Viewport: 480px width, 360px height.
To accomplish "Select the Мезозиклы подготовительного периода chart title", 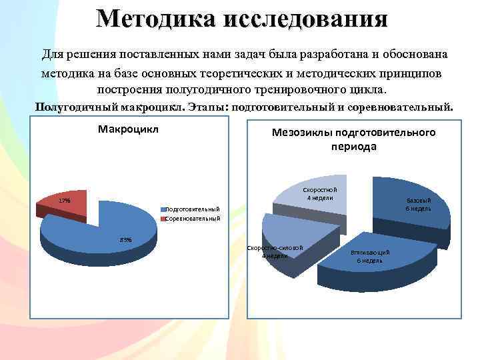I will click(353, 139).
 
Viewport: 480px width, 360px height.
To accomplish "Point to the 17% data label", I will click(64, 201).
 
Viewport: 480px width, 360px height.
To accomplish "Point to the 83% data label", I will click(125, 239).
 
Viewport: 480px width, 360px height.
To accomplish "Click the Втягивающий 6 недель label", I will click(370, 257).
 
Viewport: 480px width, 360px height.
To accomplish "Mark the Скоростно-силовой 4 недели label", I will click(275, 252).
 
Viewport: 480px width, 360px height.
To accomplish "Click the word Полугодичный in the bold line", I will click(73, 106).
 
